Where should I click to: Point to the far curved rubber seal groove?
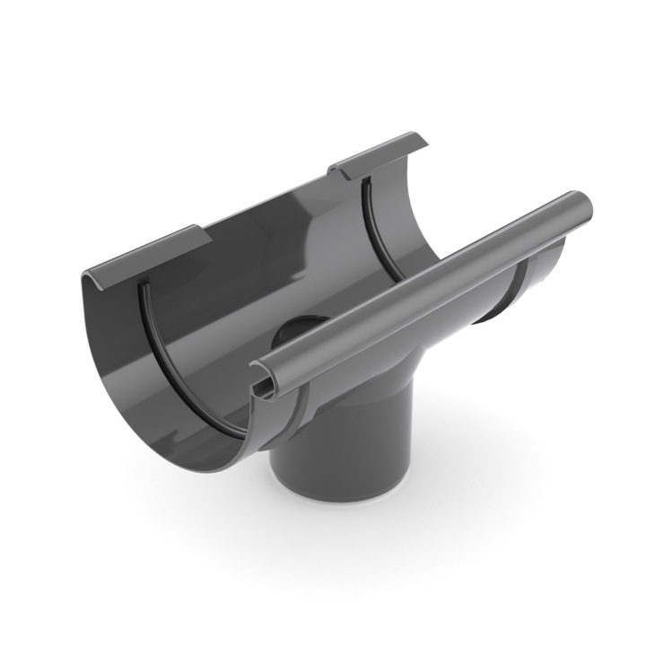coord(377,224)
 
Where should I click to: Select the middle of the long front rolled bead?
coord(422,287)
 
